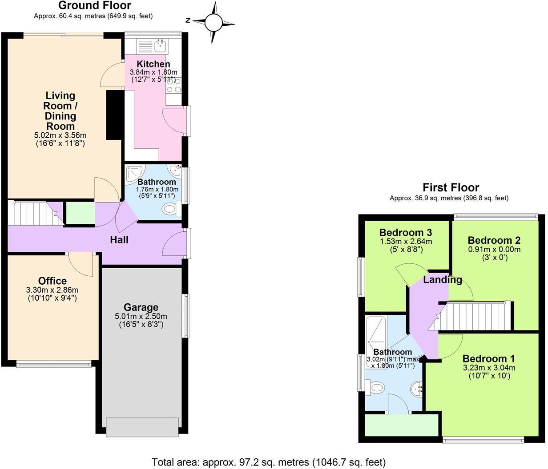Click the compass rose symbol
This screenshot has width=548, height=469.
point(213,22)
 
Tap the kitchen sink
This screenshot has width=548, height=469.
point(160,45)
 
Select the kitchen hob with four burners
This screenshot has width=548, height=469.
point(173,85)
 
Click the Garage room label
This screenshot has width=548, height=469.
point(141,307)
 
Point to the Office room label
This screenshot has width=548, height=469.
point(52,281)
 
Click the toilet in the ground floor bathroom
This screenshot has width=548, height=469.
point(170,208)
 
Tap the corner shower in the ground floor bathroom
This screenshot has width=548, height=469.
point(133,173)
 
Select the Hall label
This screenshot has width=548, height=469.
point(119,240)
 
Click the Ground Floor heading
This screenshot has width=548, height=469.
point(95,6)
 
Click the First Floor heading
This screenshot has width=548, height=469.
point(451,187)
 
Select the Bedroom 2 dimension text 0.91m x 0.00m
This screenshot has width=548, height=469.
point(494,250)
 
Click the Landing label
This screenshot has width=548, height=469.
point(442,280)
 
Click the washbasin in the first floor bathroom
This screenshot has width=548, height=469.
point(416,389)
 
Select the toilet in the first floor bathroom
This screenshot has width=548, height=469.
point(376,388)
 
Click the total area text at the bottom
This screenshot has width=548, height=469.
point(269,462)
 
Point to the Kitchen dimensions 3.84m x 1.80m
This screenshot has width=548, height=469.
point(153,72)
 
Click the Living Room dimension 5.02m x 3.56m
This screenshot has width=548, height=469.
point(60,135)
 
